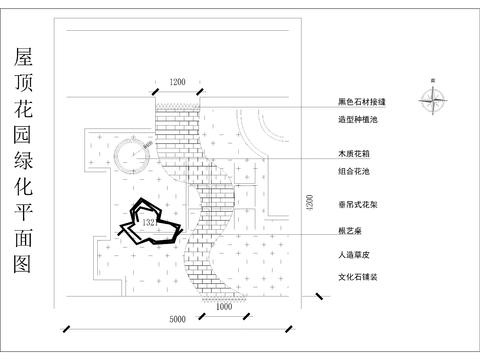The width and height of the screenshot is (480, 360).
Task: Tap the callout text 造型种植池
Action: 358,120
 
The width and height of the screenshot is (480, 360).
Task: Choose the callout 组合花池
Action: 354,172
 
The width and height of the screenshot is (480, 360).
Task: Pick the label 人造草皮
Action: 354,255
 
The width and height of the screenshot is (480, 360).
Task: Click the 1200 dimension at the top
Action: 178,80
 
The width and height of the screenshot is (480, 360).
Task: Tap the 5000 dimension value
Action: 178,319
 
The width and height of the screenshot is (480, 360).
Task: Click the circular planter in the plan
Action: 132,156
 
